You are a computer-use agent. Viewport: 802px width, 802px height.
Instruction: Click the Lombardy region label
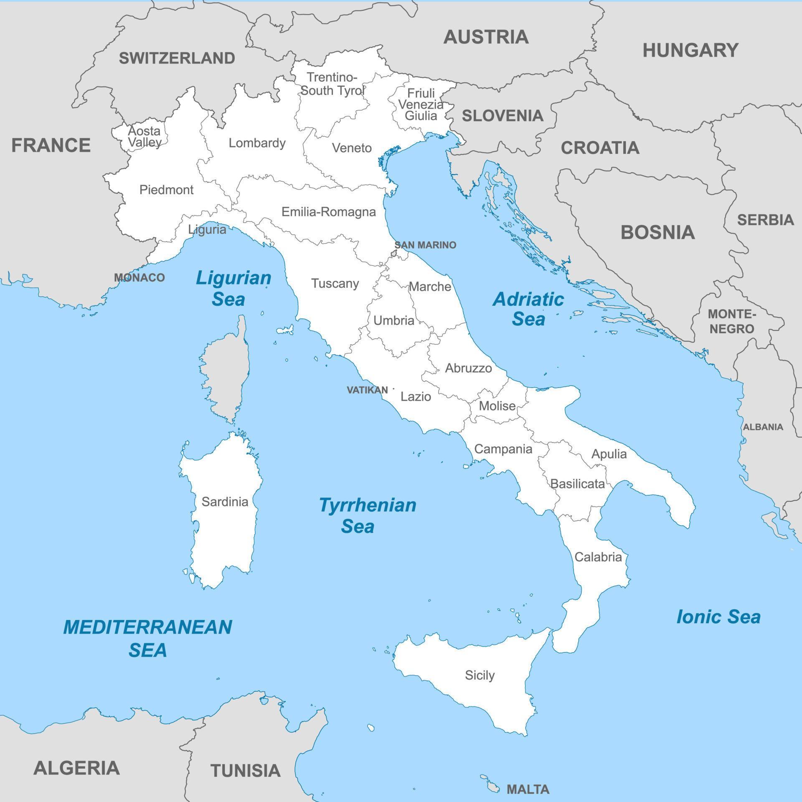(257, 143)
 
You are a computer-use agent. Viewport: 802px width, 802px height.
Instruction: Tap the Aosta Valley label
(145, 137)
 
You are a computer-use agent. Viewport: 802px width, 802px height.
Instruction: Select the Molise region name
(497, 406)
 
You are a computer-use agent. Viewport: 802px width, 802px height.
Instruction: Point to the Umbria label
(394, 320)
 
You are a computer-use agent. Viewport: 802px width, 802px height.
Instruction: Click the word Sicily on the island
(480, 675)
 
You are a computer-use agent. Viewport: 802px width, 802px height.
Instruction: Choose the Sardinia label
(225, 502)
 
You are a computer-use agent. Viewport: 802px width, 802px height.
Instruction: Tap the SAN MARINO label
(425, 245)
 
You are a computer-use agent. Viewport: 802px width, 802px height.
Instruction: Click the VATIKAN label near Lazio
(367, 390)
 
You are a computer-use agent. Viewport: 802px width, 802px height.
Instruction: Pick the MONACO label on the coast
(140, 277)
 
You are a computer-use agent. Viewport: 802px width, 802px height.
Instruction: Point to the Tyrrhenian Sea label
(367, 515)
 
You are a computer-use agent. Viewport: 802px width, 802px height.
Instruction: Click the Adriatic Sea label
(528, 309)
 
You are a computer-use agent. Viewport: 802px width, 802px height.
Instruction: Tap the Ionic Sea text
(718, 617)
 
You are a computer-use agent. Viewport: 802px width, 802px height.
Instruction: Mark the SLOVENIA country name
(503, 116)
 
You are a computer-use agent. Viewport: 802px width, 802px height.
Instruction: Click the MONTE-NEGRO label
(732, 321)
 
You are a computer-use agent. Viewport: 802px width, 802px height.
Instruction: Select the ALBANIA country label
(763, 427)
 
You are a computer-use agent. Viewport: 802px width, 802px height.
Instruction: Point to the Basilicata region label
(577, 484)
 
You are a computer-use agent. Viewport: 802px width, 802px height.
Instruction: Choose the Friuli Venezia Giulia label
(421, 104)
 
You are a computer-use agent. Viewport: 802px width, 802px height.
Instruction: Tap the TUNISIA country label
(245, 771)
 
